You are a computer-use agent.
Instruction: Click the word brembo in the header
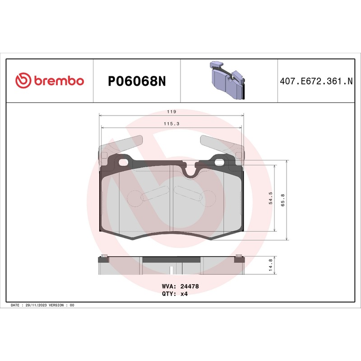tap(57, 81)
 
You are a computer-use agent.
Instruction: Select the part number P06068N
tap(137, 81)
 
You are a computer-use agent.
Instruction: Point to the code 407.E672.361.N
tap(316, 81)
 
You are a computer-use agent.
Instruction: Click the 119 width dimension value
tap(171, 111)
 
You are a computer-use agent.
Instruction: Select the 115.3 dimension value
tap(171, 124)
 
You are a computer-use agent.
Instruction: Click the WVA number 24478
tap(190, 286)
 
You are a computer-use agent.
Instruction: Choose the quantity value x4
tap(184, 293)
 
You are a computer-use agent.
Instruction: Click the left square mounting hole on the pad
tap(122, 162)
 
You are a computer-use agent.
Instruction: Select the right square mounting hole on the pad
tap(221, 162)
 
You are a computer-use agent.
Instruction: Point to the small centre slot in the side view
tap(171, 270)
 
